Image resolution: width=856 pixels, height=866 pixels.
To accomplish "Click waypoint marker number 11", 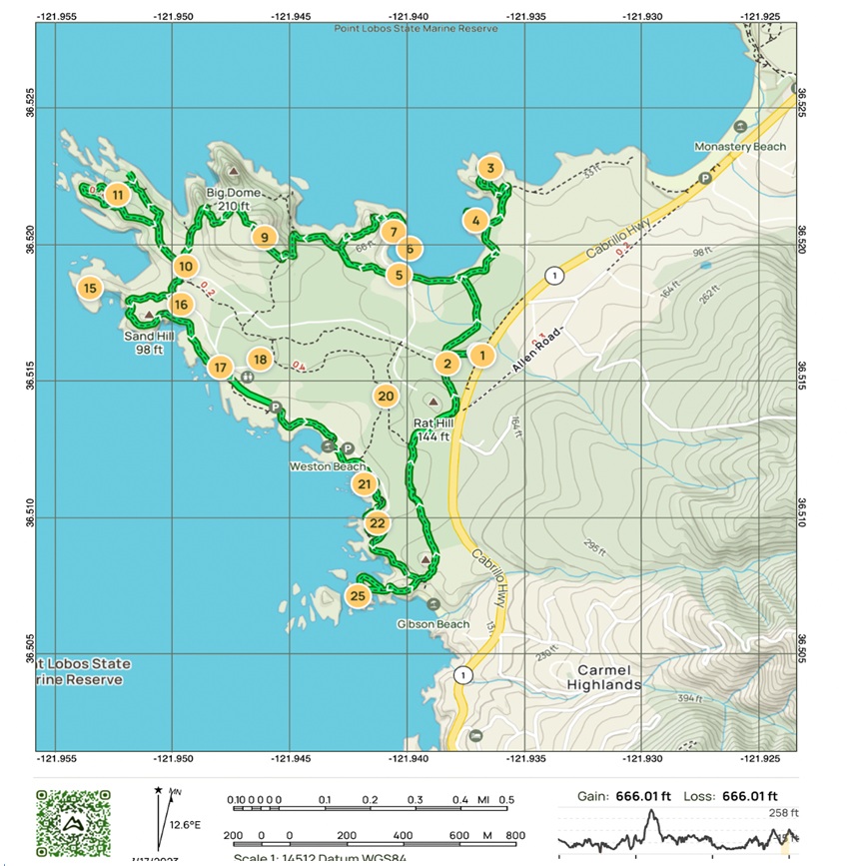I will tap(118, 195).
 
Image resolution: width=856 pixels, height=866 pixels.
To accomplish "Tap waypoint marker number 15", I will tap(90, 289).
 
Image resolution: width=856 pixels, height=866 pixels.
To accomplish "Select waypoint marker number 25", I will tap(358, 596).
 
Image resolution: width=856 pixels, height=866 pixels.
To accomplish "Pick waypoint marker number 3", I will tap(488, 169).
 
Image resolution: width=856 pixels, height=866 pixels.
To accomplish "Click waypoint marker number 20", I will tap(387, 396).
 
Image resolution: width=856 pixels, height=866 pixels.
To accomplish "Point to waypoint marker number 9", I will tap(264, 237).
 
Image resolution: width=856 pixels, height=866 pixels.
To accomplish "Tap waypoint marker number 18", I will tap(260, 360).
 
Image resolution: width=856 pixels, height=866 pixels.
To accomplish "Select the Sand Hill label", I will tap(145, 343).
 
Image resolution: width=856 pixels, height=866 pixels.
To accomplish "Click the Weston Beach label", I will tap(327, 466).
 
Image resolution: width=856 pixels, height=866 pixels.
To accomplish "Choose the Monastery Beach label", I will tap(740, 147).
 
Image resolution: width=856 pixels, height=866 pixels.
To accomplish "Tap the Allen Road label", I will tap(535, 352).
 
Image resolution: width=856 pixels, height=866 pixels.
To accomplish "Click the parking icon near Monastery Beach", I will tap(705, 178).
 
